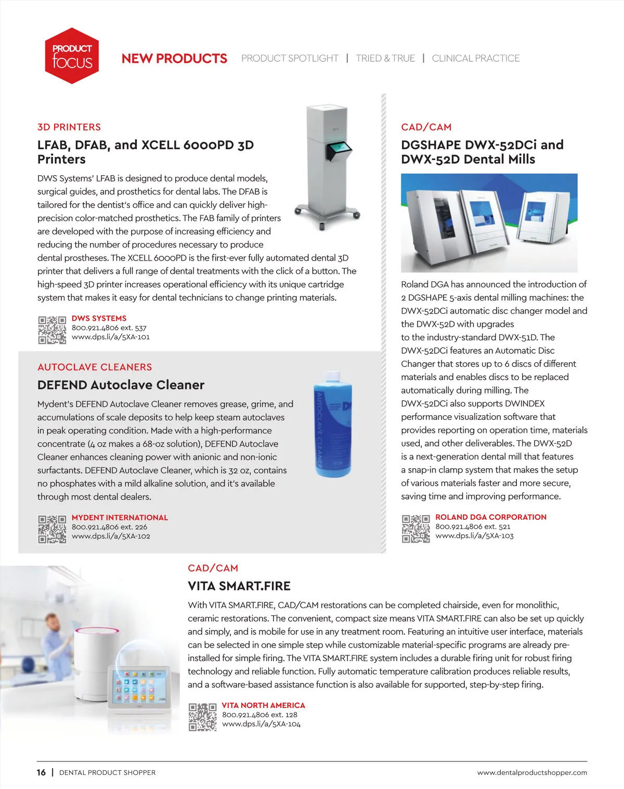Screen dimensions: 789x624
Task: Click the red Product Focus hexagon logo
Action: pos(72,56)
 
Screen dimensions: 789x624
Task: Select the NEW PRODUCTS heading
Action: pos(174,59)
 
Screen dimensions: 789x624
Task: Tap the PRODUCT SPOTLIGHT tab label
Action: pos(290,59)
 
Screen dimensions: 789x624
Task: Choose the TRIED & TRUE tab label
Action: pos(385,59)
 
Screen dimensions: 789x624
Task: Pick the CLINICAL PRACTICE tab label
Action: pos(475,59)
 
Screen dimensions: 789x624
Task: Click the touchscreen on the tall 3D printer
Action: pos(339,151)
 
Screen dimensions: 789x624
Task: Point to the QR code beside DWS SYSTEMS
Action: pos(52,330)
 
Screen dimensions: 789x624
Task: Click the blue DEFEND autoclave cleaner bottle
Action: pos(333,424)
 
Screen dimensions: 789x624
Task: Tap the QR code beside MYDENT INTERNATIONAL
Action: pos(52,529)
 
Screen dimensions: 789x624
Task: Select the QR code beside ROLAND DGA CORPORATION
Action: pos(415,529)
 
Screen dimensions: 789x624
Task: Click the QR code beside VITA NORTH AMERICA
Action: pos(202,717)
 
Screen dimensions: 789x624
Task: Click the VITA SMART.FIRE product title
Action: pos(239,586)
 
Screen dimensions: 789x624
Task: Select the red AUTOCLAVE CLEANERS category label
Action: pos(95,367)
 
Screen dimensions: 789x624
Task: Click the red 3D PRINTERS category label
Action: pos(69,127)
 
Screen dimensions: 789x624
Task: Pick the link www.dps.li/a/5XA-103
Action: pos(474,536)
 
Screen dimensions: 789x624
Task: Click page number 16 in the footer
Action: pos(41,773)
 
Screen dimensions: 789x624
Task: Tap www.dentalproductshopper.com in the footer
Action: pos(532,773)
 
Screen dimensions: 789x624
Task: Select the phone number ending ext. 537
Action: pos(109,328)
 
